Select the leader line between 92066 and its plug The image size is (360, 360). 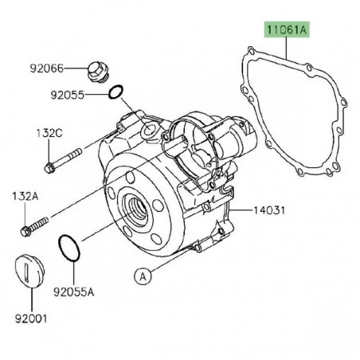coord(78,69)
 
